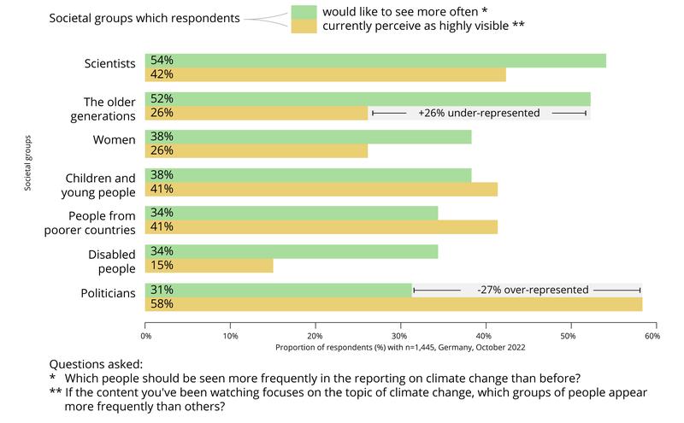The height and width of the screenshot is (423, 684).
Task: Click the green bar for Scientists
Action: pos(376,61)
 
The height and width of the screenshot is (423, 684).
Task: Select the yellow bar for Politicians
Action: pos(393,303)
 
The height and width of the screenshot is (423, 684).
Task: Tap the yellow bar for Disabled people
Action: pos(209,266)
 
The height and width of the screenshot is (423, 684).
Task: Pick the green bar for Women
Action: pos(309,137)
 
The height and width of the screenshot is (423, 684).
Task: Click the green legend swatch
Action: pos(303,11)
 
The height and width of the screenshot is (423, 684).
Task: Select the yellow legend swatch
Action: pos(303,26)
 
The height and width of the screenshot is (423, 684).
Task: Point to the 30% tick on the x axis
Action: pos(400,322)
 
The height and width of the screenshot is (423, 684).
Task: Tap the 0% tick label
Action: pos(145,336)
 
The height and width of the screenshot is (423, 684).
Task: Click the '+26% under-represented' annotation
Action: pos(479,113)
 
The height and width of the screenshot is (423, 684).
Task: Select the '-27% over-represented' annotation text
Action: pos(533,290)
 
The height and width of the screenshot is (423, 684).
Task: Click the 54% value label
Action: pos(162,61)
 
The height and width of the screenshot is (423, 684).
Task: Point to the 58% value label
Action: pos(162,303)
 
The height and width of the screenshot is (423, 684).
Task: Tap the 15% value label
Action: pos(162,266)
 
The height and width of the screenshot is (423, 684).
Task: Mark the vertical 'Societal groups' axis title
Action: pos(27,162)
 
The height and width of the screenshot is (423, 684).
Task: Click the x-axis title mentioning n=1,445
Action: pos(400,348)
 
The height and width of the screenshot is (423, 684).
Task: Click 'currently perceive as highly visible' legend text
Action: pos(422,26)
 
